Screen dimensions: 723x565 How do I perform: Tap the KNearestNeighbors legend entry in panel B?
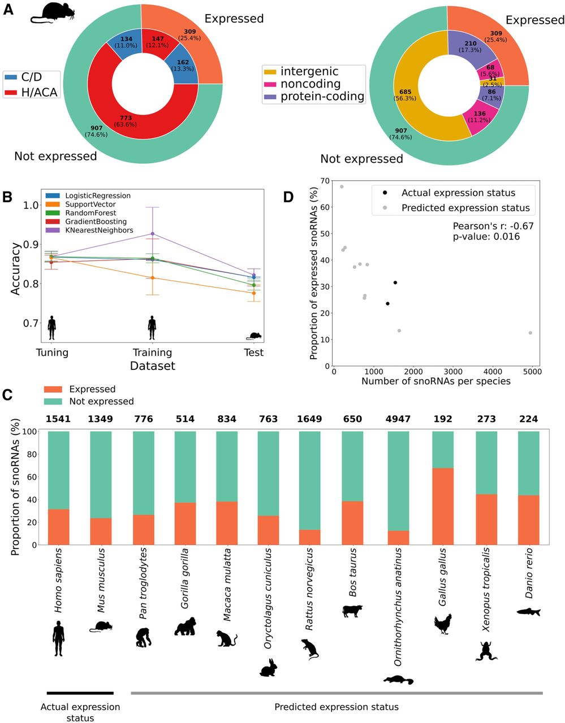pyautogui.click(x=98, y=230)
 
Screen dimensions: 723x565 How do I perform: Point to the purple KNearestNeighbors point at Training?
pyautogui.click(x=152, y=234)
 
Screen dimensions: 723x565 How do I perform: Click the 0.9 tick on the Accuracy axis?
pyautogui.click(x=29, y=244)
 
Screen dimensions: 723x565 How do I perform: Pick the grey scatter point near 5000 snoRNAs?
pyautogui.click(x=530, y=333)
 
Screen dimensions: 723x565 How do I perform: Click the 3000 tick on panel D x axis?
pyautogui.click(x=454, y=372)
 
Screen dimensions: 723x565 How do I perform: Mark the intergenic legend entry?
pyautogui.click(x=309, y=71)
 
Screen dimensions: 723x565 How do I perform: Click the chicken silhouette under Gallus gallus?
pyautogui.click(x=443, y=624)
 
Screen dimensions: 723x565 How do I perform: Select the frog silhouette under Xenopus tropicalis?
pyautogui.click(x=486, y=650)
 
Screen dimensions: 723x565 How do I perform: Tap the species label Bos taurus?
pyautogui.click(x=353, y=572)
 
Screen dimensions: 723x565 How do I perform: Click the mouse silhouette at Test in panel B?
pyautogui.click(x=254, y=336)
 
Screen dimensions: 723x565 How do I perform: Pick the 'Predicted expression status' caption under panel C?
pyautogui.click(x=336, y=707)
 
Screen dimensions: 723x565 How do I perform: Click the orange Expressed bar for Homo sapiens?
pyautogui.click(x=59, y=527)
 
